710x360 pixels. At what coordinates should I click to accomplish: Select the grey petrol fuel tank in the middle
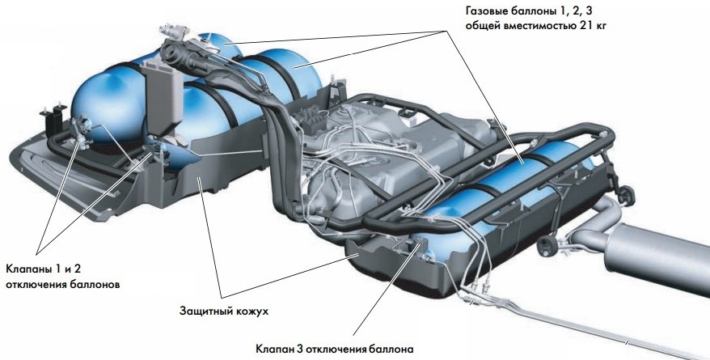tap(380, 154)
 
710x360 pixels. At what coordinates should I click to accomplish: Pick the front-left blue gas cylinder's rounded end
tap(93, 101)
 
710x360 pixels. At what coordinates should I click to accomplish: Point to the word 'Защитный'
tap(207, 310)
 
